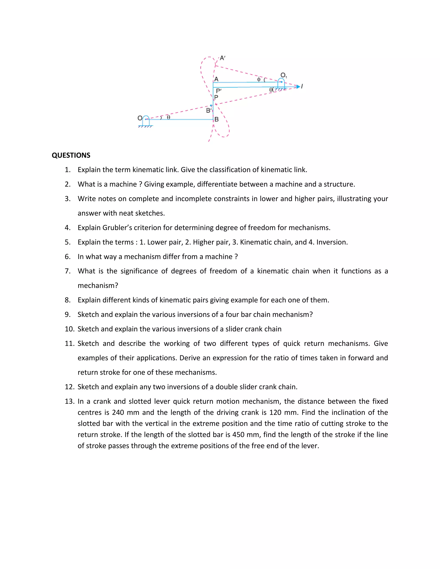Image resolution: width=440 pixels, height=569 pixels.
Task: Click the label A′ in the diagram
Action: (x=222, y=58)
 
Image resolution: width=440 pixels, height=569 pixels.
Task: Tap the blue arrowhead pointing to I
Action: (x=298, y=87)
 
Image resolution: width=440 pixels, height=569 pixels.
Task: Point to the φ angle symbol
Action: (x=259, y=79)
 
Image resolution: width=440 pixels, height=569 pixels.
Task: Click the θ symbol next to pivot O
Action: (x=168, y=117)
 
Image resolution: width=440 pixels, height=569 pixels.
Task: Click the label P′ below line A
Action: (x=219, y=91)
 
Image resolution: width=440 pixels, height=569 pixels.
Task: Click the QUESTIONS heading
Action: (x=71, y=155)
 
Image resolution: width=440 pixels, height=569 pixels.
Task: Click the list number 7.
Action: (x=68, y=271)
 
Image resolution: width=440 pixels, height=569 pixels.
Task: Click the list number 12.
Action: (x=70, y=387)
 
